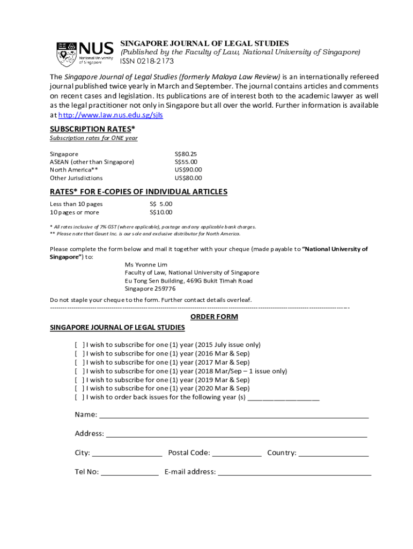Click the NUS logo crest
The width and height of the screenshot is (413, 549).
click(x=67, y=54)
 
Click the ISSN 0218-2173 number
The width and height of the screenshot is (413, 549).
click(x=146, y=62)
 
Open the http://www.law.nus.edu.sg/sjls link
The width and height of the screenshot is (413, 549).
click(x=110, y=115)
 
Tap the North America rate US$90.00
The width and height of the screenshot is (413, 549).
click(x=188, y=170)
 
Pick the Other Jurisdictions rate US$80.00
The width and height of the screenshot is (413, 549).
click(x=188, y=178)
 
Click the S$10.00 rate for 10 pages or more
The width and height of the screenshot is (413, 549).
click(x=161, y=212)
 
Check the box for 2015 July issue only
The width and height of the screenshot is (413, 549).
click(x=79, y=345)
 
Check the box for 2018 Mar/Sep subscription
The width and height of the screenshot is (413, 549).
click(x=79, y=371)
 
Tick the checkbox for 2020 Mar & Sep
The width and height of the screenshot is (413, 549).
click(x=79, y=388)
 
